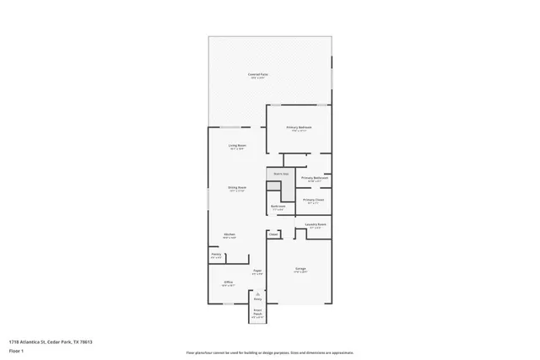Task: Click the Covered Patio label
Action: click(258, 76)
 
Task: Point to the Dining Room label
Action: click(236, 188)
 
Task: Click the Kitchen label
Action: click(229, 235)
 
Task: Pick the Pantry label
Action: click(216, 255)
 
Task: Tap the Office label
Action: click(228, 282)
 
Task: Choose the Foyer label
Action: click(257, 271)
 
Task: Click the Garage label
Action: click(300, 269)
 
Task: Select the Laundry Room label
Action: click(316, 225)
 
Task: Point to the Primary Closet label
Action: click(313, 201)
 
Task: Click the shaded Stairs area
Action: click(279, 183)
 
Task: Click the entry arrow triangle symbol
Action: click(258, 293)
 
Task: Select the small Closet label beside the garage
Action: click(273, 234)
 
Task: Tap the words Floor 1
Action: click(16, 350)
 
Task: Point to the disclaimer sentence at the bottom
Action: click(269, 352)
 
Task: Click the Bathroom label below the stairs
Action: click(278, 207)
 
